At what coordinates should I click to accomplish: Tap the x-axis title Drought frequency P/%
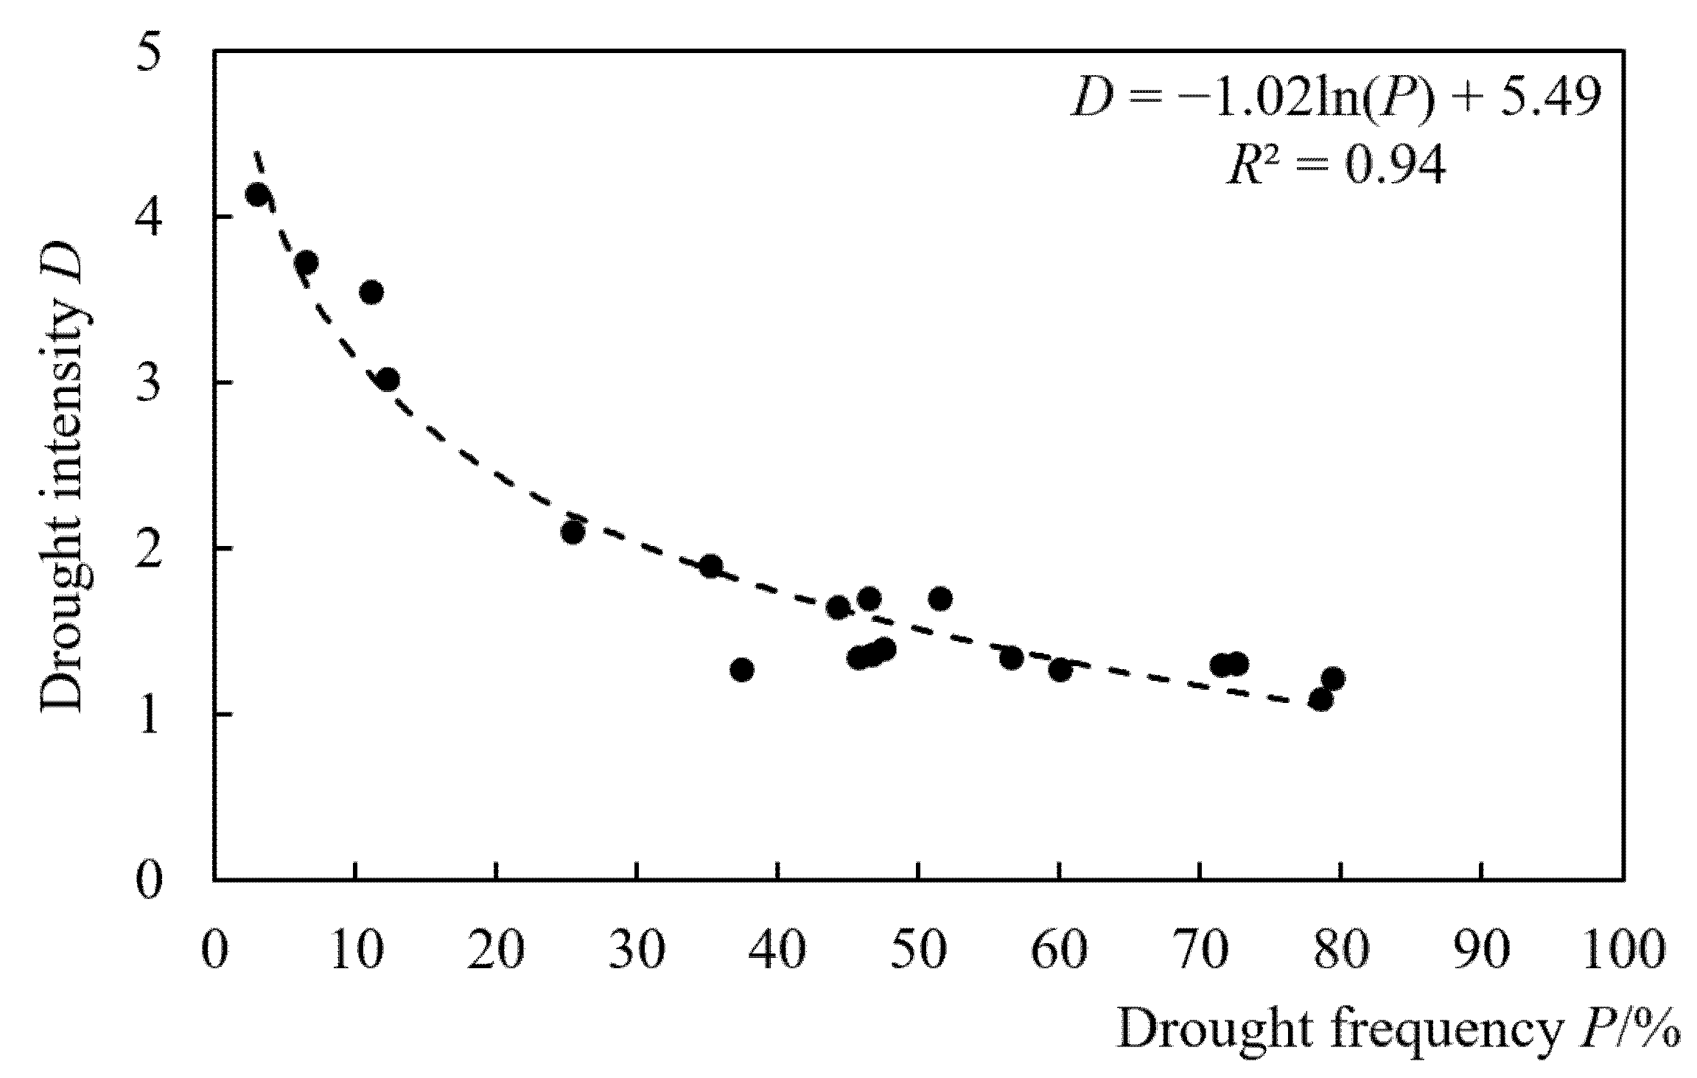click(1397, 1029)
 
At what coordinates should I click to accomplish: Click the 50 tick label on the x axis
click(917, 951)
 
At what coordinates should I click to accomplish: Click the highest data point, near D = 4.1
click(257, 195)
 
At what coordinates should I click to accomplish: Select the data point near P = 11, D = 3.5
click(372, 293)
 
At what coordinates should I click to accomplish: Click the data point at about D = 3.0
click(388, 380)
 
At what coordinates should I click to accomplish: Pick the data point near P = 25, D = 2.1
click(573, 532)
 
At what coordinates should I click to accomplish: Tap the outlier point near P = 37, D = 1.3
click(742, 670)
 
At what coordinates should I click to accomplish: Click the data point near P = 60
click(1060, 671)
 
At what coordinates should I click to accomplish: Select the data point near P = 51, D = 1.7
click(940, 599)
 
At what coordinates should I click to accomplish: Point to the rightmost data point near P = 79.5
click(1332, 679)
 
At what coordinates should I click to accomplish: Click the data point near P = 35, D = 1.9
click(710, 567)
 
